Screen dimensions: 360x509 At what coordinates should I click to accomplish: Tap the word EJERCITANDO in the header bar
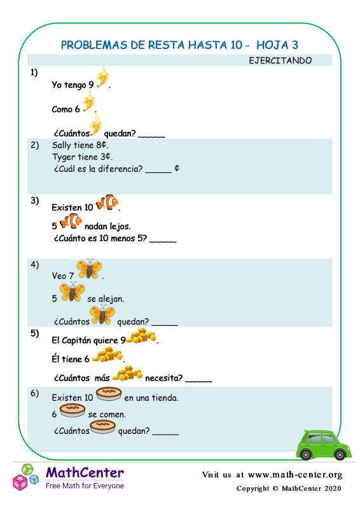tap(280, 60)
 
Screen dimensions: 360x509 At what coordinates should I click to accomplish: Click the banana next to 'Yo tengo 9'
tap(102, 77)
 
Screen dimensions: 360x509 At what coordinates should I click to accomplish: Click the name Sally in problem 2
tap(61, 145)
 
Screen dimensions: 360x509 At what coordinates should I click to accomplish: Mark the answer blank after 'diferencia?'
tap(158, 172)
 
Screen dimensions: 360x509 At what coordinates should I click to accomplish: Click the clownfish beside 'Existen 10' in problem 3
tap(107, 202)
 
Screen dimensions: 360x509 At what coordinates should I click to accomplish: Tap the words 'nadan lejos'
tap(107, 227)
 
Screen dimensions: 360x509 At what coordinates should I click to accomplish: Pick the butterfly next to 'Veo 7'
tap(89, 268)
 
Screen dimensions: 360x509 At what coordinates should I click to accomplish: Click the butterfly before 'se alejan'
tap(72, 292)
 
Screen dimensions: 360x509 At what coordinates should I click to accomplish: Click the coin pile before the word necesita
tap(127, 373)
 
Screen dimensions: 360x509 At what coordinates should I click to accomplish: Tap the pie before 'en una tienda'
tap(109, 394)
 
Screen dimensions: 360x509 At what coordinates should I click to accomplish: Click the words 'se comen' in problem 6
tap(107, 415)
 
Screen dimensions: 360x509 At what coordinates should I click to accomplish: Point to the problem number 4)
tap(35, 265)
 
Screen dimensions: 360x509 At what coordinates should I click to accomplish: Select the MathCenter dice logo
tap(25, 477)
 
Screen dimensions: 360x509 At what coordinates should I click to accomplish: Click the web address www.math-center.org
tap(294, 475)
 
